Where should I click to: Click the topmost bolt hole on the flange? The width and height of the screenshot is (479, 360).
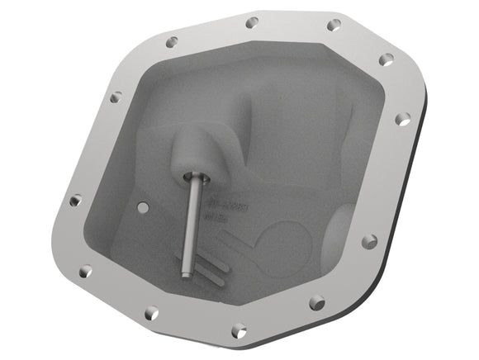point(252,22)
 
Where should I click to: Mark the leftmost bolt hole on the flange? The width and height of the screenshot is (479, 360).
point(75,200)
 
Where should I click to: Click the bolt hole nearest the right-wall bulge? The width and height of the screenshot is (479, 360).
point(369,241)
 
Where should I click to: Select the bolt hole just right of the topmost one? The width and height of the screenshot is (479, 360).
point(334,26)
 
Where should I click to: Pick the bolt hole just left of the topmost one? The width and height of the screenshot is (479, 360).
point(172,41)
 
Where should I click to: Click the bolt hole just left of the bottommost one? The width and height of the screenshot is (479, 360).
point(151,313)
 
